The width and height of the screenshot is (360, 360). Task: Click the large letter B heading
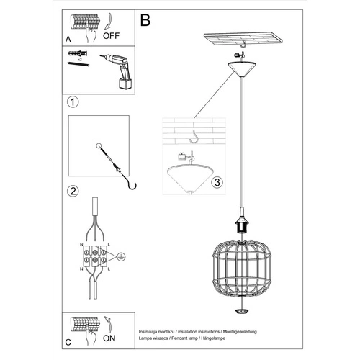tap(145, 20)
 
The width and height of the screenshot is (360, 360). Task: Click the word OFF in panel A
tap(111, 33)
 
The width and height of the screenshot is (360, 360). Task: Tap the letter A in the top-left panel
tap(68, 40)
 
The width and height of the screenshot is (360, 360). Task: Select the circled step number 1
tap(72, 102)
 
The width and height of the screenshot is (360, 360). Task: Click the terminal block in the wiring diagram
tap(95, 257)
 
